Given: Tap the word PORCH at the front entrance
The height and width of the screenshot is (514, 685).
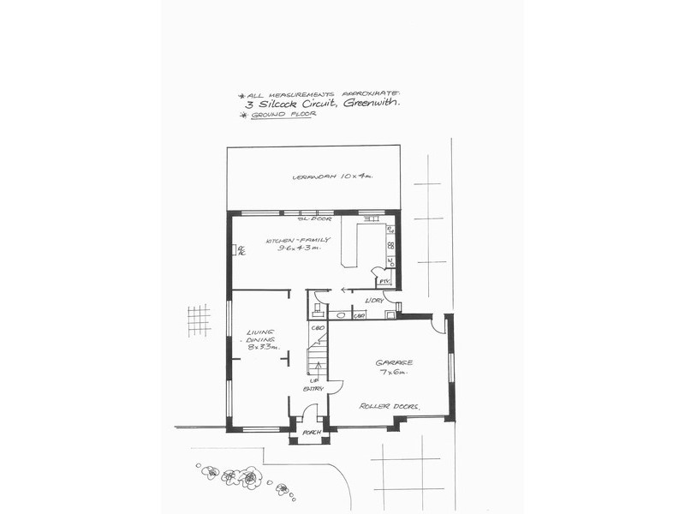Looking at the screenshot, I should (311, 433).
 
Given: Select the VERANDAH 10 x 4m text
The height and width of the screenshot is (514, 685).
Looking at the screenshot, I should (334, 177).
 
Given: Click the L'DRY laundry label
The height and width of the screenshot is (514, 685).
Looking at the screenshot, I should (373, 300).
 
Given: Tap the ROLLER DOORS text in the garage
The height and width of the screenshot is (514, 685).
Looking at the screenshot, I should (389, 406).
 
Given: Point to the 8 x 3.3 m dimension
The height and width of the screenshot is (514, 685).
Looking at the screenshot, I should (259, 347).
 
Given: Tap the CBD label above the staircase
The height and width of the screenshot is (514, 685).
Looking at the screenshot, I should (316, 328).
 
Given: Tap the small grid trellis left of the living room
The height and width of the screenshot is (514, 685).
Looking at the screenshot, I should (199, 320).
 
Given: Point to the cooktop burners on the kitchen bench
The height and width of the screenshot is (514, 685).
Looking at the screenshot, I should (390, 246).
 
